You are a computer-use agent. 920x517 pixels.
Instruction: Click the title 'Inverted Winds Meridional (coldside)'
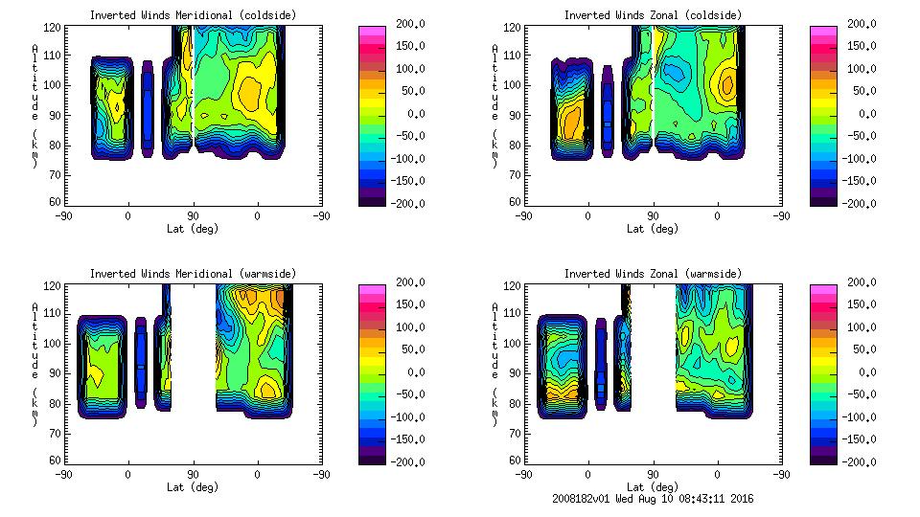[193, 15]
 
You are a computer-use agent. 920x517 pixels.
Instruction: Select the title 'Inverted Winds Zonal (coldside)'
[653, 15]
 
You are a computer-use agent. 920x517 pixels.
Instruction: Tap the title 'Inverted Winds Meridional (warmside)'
[193, 274]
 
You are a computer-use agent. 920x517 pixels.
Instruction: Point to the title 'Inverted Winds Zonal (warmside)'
[653, 274]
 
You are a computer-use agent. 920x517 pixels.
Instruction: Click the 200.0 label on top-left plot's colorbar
[406, 23]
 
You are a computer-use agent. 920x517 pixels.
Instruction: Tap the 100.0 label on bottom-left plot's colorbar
[406, 326]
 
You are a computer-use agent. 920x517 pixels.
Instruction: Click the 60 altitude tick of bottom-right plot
[517, 461]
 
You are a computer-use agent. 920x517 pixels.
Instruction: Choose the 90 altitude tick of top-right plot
[517, 115]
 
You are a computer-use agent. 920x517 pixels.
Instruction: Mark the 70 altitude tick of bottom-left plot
[57, 432]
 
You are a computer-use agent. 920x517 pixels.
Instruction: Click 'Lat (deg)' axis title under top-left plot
[193, 229]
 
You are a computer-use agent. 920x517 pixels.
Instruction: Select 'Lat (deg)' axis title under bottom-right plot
[653, 486]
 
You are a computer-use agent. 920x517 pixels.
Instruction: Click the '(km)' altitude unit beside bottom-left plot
[34, 406]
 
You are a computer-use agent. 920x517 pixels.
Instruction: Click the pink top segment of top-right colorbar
[822, 31]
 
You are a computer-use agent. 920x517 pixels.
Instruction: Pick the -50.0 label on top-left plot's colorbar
[406, 136]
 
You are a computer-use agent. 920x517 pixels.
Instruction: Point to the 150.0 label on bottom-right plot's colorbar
[859, 304]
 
